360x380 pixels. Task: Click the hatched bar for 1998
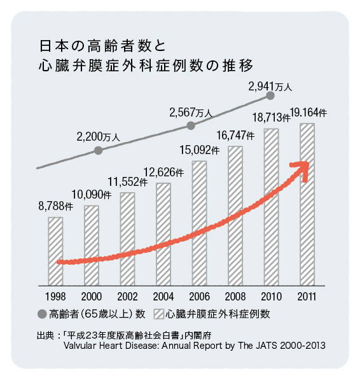pos(55,251)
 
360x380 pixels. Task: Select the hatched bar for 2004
pos(163,234)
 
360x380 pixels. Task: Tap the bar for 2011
pos(307,204)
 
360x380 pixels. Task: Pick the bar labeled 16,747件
pos(235,216)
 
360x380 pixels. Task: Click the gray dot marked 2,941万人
pos(270,95)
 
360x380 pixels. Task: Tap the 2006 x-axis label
pos(199,297)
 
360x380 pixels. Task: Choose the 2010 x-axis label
pos(272,297)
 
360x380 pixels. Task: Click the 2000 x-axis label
pos(91,297)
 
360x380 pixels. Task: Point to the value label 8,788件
pos(56,206)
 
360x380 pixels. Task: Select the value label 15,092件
pos(200,150)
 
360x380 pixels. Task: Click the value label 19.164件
pos(308,113)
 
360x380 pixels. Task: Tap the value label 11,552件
pos(128,182)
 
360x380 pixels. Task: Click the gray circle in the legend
pos(42,314)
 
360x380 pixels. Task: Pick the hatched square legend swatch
pos(159,314)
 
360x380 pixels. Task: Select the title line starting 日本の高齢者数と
pos(102,46)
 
